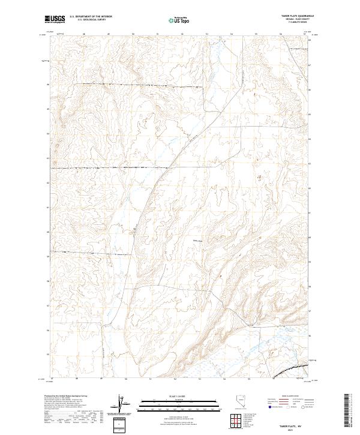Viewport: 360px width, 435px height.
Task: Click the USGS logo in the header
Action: pyautogui.click(x=55, y=19)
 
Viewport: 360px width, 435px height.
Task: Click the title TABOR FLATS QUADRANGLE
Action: pyautogui.click(x=297, y=16)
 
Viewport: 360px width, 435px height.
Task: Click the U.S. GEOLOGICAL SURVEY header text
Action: pyautogui.click(x=87, y=20)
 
